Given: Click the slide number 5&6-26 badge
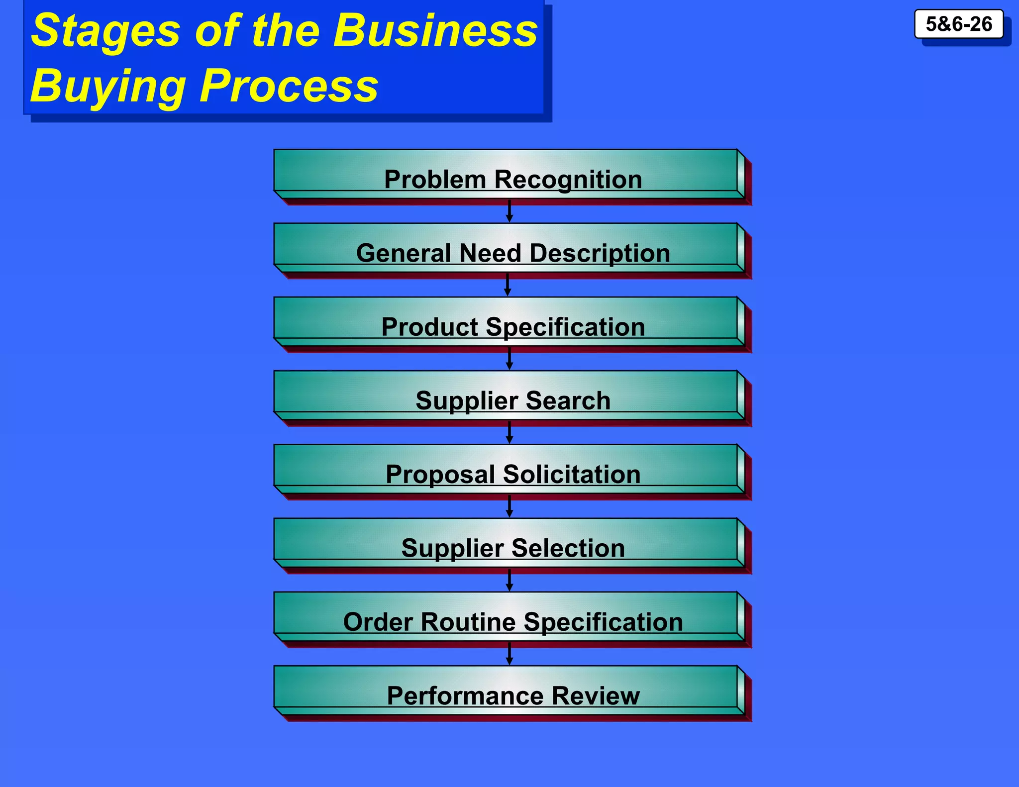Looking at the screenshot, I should coord(958,24).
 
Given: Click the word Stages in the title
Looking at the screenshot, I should coord(105,31).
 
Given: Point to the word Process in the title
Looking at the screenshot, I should coord(289,86).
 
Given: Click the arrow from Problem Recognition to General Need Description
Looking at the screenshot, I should coord(509,211).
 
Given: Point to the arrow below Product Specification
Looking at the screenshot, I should coord(509,358).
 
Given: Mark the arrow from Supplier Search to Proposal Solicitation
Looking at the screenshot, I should coord(509,432).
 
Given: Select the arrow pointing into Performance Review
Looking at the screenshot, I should coord(509,653).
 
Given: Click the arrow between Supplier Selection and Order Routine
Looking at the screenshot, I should coord(509,580).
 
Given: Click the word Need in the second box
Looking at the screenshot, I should coord(490,253).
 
